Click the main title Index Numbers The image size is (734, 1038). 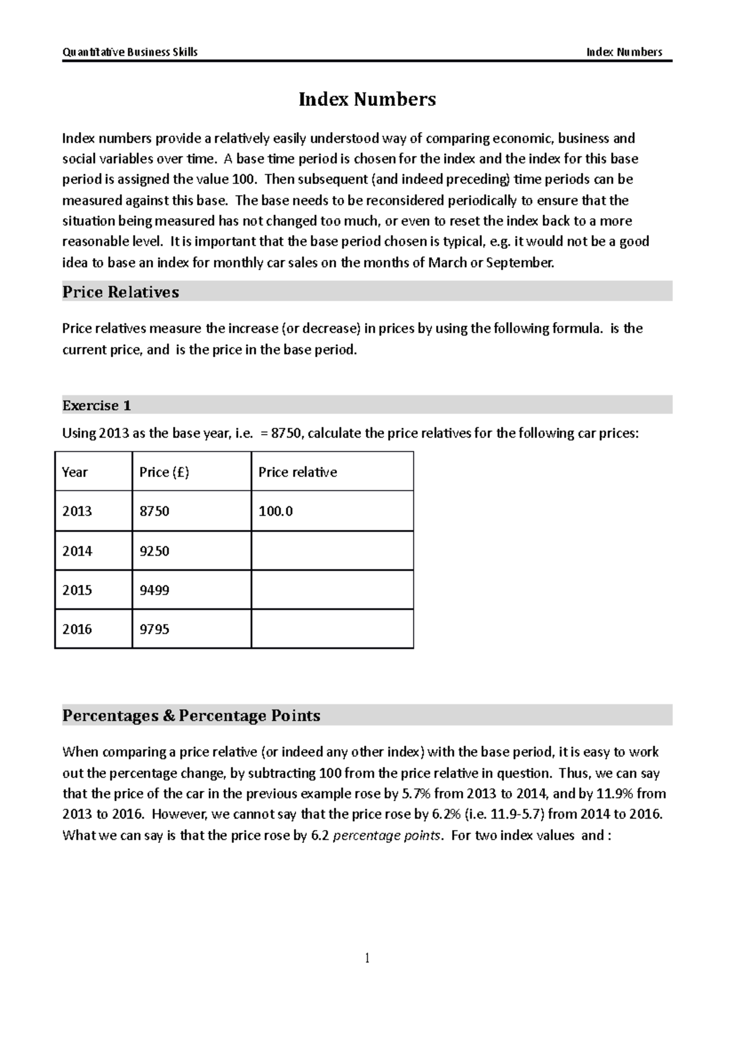(x=367, y=99)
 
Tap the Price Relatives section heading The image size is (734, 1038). (x=120, y=292)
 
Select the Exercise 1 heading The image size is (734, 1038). (x=97, y=405)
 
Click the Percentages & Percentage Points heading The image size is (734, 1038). (x=191, y=715)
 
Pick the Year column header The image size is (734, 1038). (x=75, y=472)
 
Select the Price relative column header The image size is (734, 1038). (x=297, y=472)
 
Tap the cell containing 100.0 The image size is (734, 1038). (x=276, y=511)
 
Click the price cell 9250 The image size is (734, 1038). (x=154, y=551)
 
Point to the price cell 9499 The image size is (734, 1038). (x=154, y=590)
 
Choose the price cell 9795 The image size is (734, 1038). (x=154, y=629)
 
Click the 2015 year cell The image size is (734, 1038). (x=77, y=590)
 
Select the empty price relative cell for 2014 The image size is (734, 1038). (x=332, y=551)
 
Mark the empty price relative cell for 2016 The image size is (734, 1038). (x=332, y=629)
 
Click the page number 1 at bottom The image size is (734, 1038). (x=367, y=958)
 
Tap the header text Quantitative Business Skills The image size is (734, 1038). (x=130, y=52)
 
